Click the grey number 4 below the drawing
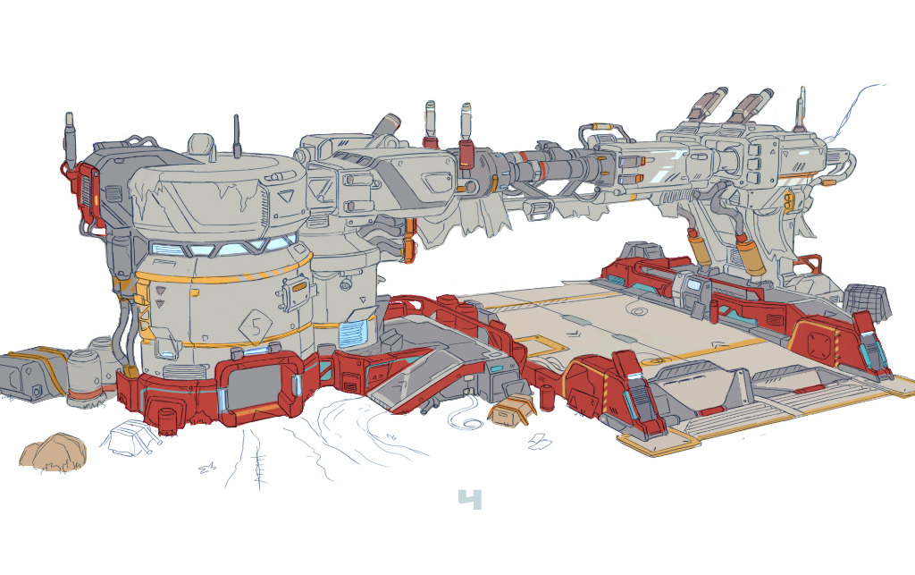click(470, 499)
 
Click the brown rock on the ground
click(53, 452)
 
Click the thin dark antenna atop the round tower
click(237, 137)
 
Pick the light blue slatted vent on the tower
click(353, 334)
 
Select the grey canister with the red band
click(83, 376)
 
